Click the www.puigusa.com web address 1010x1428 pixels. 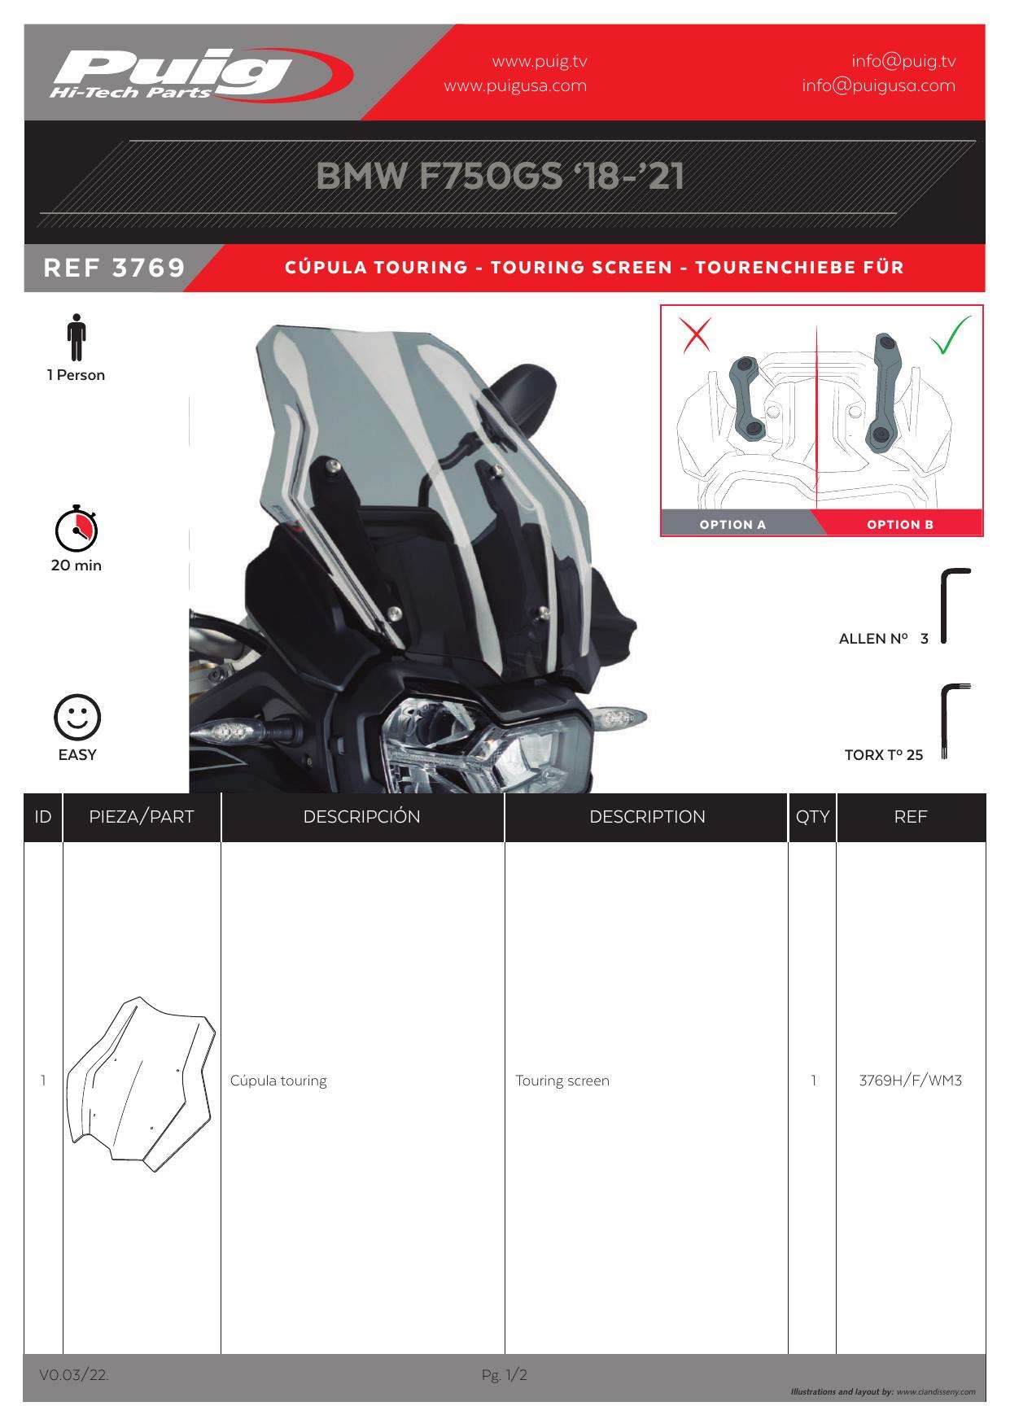[x=515, y=85]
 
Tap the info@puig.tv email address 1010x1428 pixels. [x=903, y=61]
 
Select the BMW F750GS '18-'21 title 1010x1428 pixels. [x=500, y=177]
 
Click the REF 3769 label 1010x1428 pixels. [x=115, y=268]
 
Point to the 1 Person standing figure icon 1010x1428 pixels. [x=77, y=337]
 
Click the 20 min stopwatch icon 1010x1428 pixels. [x=77, y=528]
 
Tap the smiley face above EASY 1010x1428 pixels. [x=77, y=718]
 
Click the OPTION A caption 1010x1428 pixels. [x=732, y=525]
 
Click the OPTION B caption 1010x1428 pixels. [x=900, y=525]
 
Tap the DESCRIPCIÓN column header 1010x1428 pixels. [x=362, y=817]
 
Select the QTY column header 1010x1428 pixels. [x=812, y=817]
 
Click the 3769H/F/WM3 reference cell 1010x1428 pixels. [x=911, y=1081]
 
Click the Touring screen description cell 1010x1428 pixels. [x=562, y=1081]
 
